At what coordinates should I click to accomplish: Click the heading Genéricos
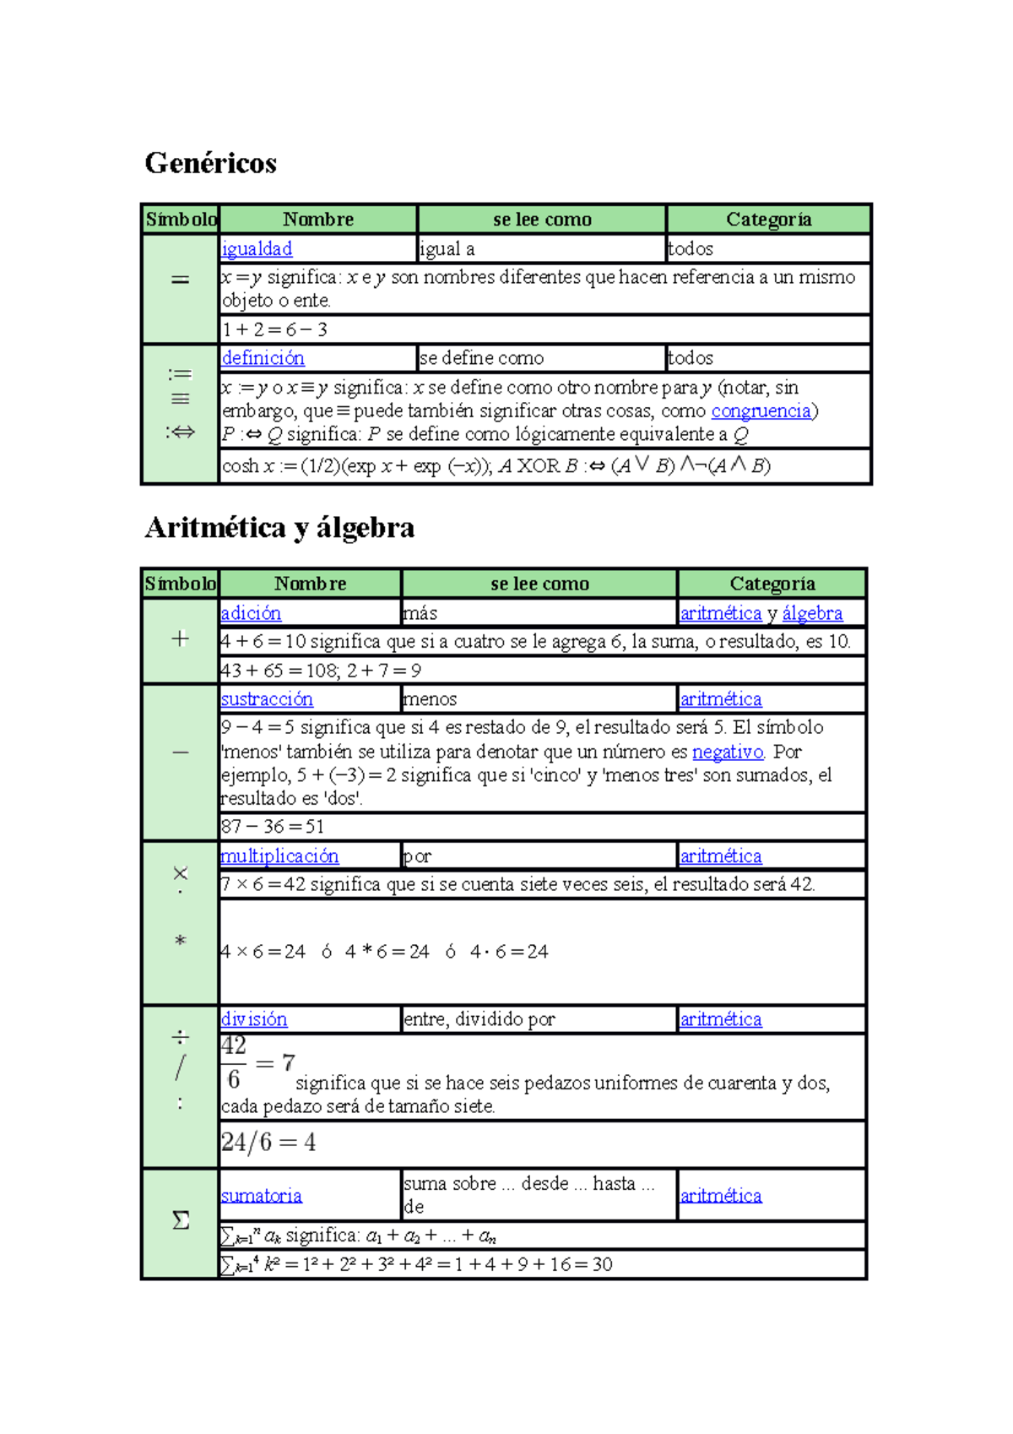[x=210, y=162]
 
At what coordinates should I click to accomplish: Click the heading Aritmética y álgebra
[x=279, y=528]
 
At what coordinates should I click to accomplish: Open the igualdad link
[x=257, y=249]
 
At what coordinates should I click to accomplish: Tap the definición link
[x=263, y=358]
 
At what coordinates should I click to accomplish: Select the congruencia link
[x=761, y=411]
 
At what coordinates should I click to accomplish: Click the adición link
[x=251, y=613]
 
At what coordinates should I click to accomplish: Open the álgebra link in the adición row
[x=812, y=613]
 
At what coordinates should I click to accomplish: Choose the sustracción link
[x=267, y=699]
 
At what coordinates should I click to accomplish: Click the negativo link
[x=728, y=752]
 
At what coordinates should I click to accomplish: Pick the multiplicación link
[x=279, y=856]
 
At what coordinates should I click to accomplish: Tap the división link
[x=254, y=1019]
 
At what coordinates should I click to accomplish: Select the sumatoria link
[x=261, y=1196]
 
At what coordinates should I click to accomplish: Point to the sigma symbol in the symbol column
[x=181, y=1221]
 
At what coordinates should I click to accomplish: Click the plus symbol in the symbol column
[x=180, y=639]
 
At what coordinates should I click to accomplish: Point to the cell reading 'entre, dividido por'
[x=479, y=1019]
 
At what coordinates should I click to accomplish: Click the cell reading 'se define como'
[x=482, y=358]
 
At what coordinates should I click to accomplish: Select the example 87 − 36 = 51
[x=273, y=827]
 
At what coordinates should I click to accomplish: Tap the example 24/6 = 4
[x=268, y=1143]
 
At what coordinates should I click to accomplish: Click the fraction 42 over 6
[x=234, y=1063]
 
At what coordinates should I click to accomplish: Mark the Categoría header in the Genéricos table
[x=768, y=220]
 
